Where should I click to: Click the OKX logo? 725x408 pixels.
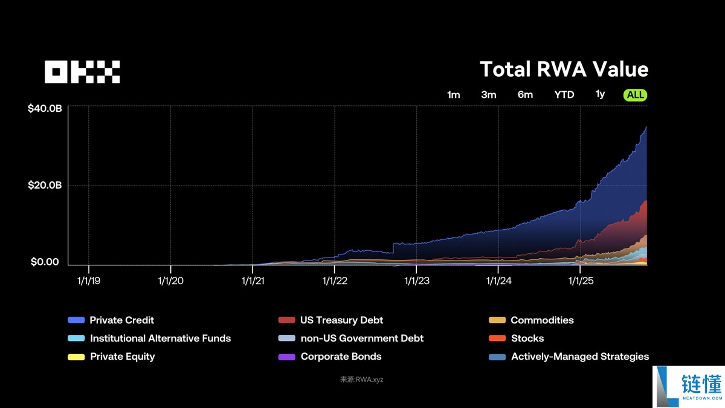(x=82, y=72)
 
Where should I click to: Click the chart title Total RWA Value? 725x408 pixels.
(x=564, y=70)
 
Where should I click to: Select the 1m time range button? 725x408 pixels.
(x=453, y=95)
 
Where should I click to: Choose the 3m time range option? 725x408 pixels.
(x=489, y=95)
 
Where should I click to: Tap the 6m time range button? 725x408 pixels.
(x=525, y=95)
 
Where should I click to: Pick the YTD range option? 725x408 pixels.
(x=564, y=95)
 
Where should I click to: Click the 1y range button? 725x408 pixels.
(x=600, y=94)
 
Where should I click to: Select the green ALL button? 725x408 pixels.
(x=636, y=95)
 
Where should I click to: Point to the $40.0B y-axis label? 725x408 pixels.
(x=45, y=109)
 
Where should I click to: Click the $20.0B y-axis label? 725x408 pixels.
(x=45, y=186)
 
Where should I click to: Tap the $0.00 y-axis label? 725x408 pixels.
(x=45, y=262)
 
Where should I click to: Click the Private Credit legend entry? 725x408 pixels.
(x=121, y=320)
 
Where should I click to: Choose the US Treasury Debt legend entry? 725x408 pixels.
(x=341, y=320)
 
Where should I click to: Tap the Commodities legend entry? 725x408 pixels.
(x=542, y=320)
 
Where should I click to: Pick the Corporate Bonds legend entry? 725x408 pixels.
(x=341, y=357)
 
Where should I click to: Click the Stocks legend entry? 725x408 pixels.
(x=527, y=338)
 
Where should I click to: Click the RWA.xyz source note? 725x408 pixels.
(x=362, y=380)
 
